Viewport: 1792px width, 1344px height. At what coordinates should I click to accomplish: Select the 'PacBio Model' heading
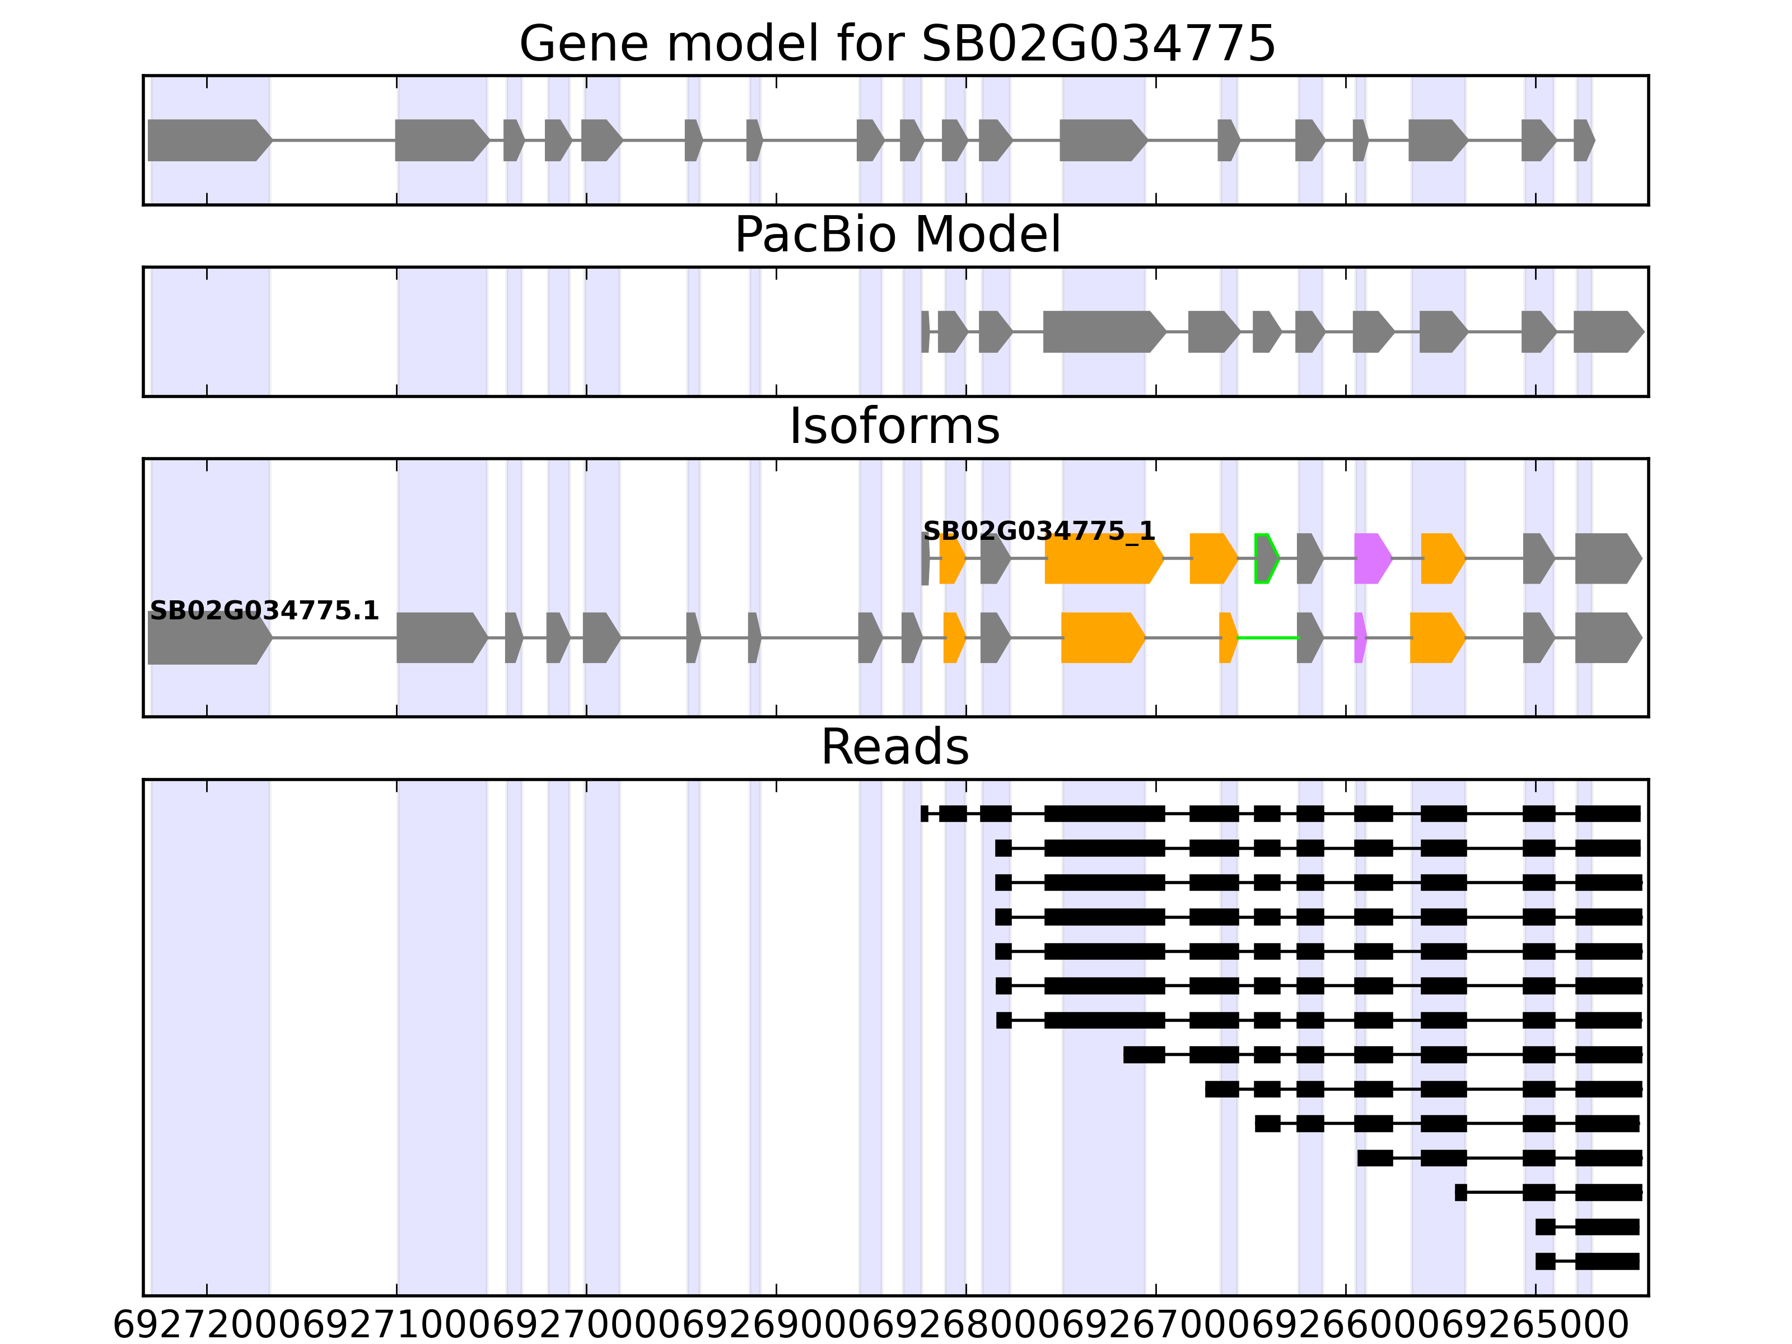[897, 235]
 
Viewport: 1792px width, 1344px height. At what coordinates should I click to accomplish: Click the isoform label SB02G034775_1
[1039, 531]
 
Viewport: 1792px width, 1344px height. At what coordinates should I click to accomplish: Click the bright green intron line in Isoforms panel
[1268, 638]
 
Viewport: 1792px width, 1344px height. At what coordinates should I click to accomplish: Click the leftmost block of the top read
[925, 813]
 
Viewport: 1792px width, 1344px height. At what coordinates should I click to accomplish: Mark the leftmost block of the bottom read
[1545, 1261]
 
